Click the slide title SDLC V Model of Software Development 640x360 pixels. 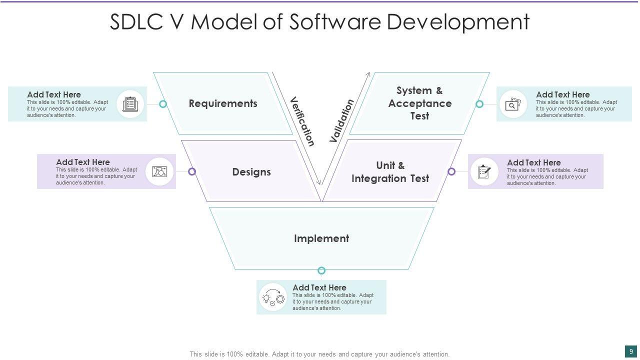319,22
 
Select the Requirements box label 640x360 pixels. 223,103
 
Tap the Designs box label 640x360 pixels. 251,172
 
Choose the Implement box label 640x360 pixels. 321,238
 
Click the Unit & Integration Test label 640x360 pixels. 390,172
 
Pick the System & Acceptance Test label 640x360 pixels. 419,103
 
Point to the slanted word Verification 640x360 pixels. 302,121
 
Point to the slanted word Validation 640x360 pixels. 342,121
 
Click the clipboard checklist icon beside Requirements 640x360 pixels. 130,104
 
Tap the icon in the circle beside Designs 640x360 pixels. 159,171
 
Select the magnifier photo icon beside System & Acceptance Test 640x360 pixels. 513,104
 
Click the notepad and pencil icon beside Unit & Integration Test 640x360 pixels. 484,171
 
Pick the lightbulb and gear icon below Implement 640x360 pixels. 273,297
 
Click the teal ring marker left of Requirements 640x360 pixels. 162,104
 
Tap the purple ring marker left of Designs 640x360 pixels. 191,171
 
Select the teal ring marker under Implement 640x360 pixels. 321,270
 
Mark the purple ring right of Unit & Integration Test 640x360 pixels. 451,171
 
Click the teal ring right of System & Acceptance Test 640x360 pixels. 479,104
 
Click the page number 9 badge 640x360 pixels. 631,351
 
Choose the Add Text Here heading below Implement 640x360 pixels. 319,287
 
